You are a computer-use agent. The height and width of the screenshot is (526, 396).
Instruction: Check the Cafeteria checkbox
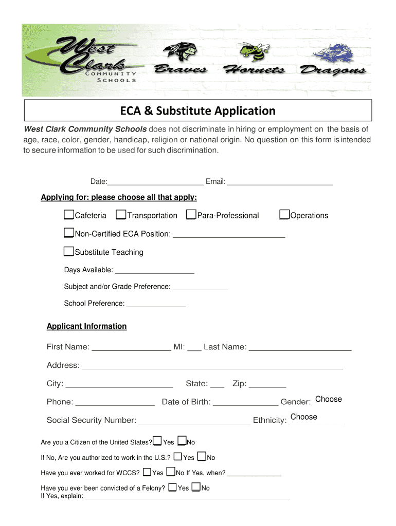69,215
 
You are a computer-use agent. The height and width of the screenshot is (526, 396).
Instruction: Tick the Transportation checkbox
121,215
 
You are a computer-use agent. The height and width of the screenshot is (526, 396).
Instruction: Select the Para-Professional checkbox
191,215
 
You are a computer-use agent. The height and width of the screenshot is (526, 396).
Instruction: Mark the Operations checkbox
284,215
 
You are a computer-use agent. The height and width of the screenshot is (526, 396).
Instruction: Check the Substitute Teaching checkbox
69,252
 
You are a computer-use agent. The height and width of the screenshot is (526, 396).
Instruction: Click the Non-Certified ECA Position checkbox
69,233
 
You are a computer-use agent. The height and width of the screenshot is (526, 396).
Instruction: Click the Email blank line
280,181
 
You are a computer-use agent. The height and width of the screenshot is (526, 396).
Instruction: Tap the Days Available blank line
154,270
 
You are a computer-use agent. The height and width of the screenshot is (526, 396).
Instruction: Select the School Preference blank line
156,304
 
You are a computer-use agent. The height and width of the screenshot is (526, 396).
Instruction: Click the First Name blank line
131,347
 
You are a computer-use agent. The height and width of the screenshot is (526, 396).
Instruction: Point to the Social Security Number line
194,421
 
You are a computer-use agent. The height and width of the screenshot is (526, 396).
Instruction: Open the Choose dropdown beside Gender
328,400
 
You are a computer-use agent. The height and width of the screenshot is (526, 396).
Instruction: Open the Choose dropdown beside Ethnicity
304,417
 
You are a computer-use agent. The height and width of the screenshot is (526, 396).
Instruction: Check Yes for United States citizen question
157,441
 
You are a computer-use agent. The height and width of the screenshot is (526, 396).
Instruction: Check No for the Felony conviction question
196,487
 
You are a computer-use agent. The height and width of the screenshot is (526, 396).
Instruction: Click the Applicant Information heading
86,326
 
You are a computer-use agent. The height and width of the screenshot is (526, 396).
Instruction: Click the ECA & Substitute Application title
198,111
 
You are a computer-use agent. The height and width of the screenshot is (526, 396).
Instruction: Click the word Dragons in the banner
333,70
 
